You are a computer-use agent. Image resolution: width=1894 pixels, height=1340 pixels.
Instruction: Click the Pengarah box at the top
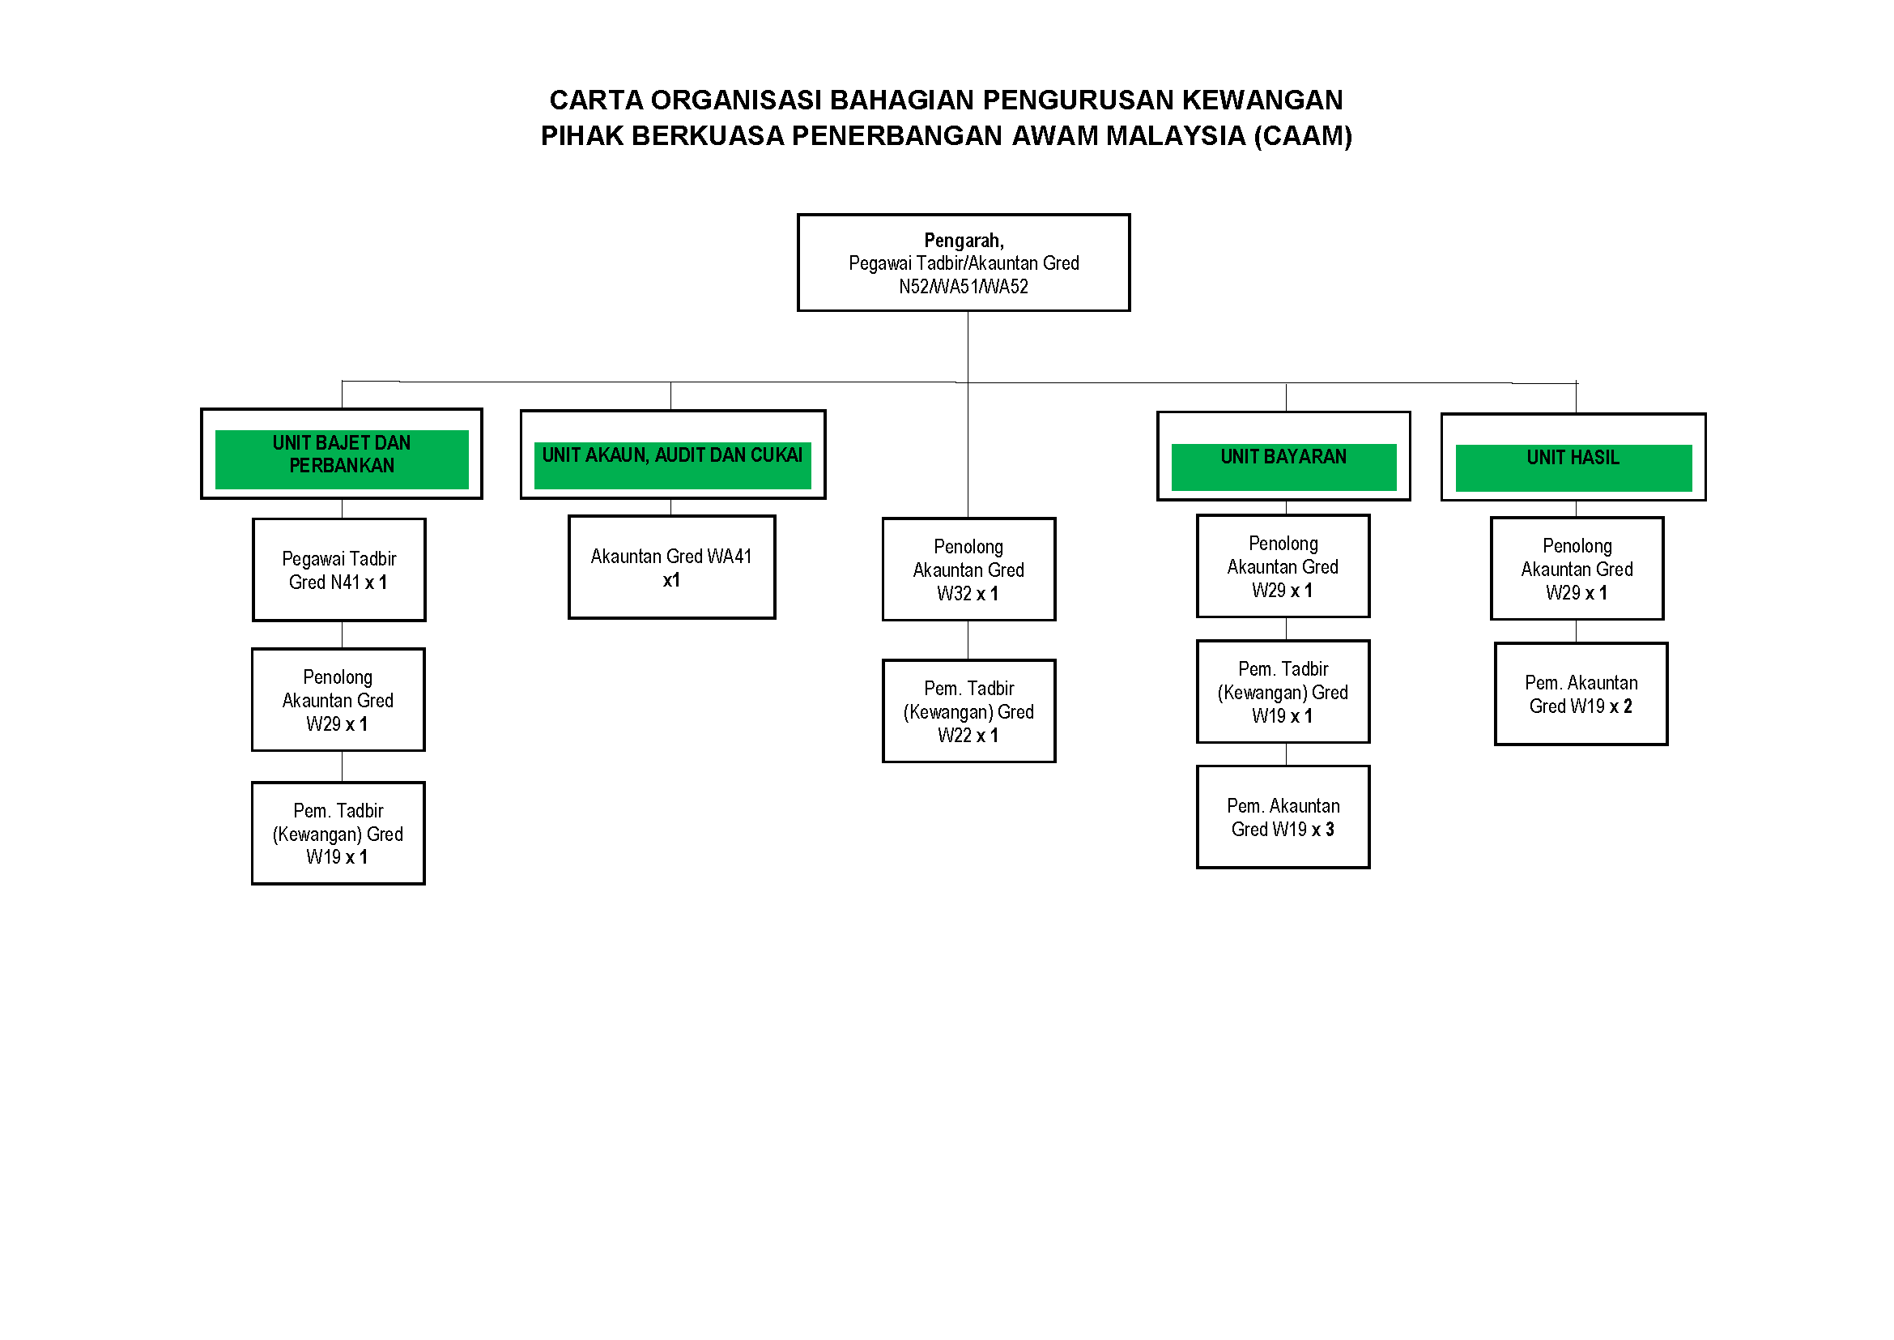[x=963, y=262]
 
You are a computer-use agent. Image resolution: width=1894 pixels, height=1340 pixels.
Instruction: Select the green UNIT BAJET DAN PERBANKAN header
[x=342, y=458]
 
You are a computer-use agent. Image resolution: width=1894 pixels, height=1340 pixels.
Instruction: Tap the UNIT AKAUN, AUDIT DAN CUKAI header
[x=672, y=463]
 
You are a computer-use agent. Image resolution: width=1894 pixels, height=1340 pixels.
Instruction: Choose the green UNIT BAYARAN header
[x=1283, y=465]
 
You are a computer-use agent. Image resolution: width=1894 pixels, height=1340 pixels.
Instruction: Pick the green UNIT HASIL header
[x=1573, y=466]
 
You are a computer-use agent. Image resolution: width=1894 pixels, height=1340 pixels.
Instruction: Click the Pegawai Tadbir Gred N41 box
[x=338, y=570]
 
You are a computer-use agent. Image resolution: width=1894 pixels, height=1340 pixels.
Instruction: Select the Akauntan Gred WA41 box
[x=671, y=567]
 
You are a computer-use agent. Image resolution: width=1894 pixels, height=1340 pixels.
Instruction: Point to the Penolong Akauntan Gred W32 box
[x=968, y=570]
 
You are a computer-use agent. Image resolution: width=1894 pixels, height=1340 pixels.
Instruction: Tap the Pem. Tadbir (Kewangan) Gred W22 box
[x=968, y=711]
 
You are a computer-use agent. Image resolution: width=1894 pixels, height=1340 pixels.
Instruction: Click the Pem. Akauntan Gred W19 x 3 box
[x=1283, y=817]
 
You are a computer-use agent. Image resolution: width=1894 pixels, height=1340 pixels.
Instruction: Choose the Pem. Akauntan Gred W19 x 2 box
[x=1581, y=694]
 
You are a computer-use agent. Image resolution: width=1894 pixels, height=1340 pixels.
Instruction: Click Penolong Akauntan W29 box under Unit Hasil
[x=1577, y=569]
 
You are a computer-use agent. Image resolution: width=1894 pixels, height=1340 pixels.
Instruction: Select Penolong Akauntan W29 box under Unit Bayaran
[x=1283, y=566]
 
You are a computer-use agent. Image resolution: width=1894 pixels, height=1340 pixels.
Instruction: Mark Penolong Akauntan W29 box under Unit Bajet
[x=338, y=700]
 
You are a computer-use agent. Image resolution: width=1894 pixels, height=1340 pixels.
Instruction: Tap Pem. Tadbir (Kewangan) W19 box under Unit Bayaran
[x=1283, y=691]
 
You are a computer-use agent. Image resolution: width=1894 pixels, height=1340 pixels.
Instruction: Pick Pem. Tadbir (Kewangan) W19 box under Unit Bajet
[x=338, y=834]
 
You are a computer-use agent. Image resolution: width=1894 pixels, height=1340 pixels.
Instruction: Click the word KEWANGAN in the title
[x=1262, y=100]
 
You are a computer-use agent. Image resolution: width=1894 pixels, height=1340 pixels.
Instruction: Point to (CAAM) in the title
[x=1303, y=136]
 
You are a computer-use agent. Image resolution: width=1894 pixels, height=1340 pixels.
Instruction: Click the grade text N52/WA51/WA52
[x=963, y=287]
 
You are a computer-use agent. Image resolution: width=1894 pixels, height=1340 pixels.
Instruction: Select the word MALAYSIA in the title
[x=1176, y=136]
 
